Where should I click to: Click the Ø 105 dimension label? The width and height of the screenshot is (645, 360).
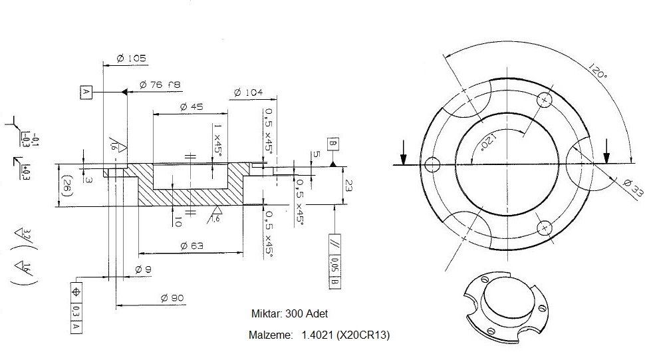point(130,59)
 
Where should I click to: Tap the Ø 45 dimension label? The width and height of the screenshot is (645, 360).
point(192,106)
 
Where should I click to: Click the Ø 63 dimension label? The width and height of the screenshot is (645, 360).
point(191,246)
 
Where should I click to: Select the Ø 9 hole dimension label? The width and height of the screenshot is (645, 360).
point(142,269)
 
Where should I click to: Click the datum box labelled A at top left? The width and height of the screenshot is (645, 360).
point(85,92)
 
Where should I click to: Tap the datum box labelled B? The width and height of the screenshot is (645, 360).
point(332,144)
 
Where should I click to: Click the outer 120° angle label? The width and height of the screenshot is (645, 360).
point(596,72)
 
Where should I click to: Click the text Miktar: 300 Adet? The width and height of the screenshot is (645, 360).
point(289,313)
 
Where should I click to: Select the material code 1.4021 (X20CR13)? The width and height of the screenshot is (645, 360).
point(345,336)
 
